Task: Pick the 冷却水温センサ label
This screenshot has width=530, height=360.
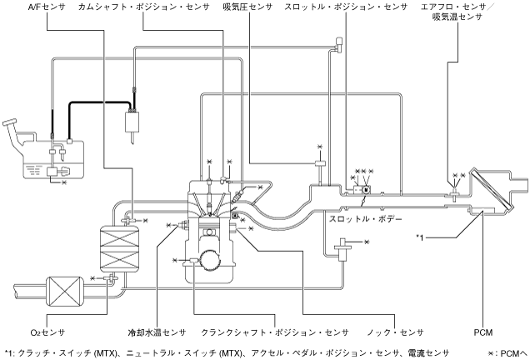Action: (157, 331)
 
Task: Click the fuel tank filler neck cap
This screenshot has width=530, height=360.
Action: (12, 125)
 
